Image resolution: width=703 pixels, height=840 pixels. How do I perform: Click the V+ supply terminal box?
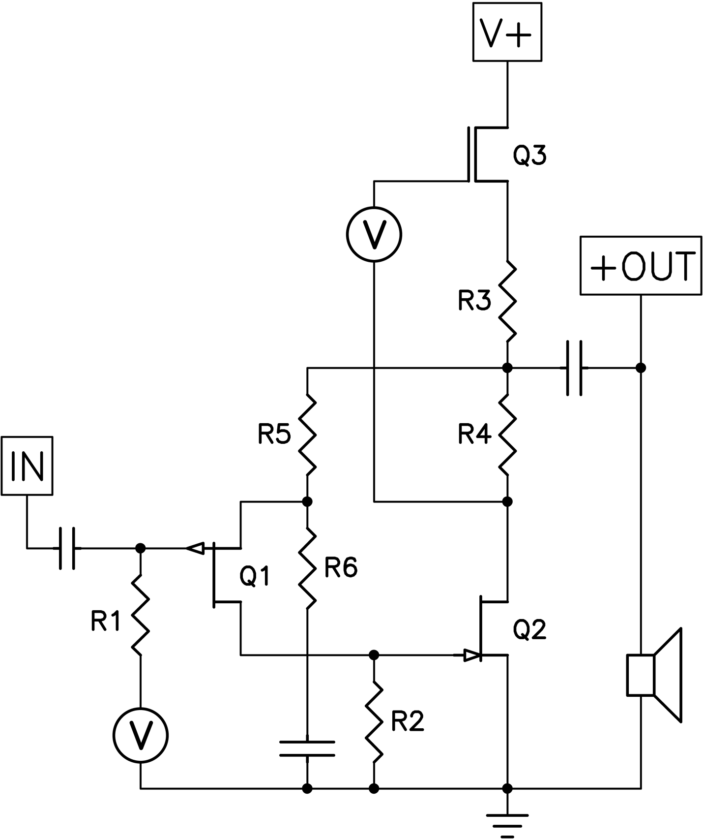click(507, 32)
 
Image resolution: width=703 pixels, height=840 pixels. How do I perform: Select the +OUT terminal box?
click(641, 266)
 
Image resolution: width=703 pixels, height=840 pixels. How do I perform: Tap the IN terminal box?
click(27, 466)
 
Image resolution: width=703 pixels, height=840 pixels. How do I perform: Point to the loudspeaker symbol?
click(654, 675)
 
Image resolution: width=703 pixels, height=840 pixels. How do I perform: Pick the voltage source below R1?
click(141, 735)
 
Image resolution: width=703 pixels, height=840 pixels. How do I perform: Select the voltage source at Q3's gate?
click(374, 235)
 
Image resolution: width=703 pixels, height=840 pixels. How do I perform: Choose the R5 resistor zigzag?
click(307, 435)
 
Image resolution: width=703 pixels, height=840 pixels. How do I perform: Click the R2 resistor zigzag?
click(374, 721)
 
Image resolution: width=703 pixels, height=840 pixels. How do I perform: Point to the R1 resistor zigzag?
click(141, 615)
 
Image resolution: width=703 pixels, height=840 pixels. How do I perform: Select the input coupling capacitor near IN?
click(67, 548)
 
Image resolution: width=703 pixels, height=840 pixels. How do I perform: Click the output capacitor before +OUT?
click(574, 368)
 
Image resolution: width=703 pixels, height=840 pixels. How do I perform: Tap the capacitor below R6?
click(307, 748)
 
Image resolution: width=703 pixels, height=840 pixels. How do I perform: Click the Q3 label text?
click(529, 156)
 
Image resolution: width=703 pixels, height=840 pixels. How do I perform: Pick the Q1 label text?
click(255, 576)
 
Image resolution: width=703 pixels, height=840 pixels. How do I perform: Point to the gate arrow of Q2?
click(471, 655)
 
